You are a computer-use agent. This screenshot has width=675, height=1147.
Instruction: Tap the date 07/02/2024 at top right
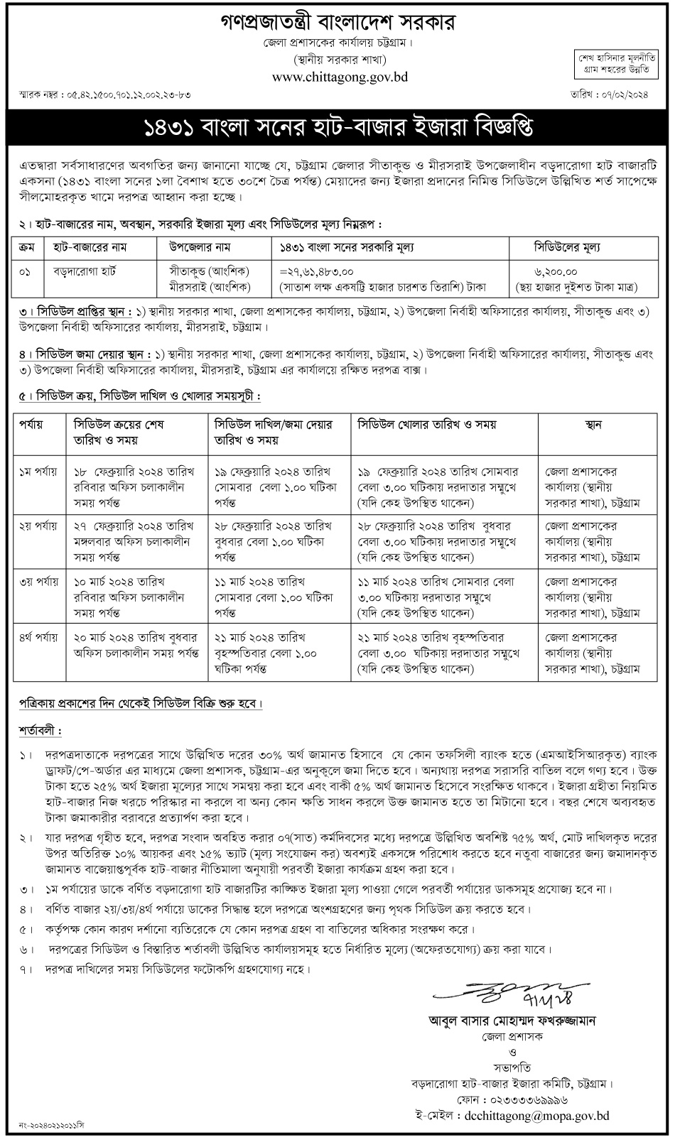[627, 93]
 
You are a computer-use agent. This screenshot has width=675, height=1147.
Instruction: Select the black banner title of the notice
[337, 129]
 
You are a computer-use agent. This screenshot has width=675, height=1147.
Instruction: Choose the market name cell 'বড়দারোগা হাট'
[85, 272]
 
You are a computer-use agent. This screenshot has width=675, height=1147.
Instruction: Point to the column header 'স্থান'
[593, 425]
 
